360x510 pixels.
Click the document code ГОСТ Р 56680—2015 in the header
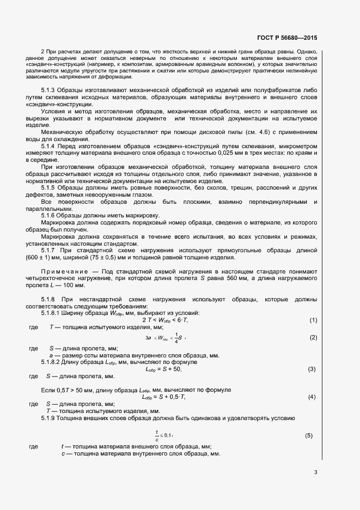(x=286, y=38)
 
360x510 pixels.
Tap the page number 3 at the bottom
(x=315, y=472)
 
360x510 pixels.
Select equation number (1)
(x=313, y=320)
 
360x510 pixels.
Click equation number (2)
(x=313, y=338)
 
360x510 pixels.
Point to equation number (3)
(x=312, y=369)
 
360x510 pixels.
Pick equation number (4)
(x=312, y=397)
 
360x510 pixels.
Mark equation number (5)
(x=309, y=435)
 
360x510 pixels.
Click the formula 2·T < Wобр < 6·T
(x=165, y=320)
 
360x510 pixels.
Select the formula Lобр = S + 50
(x=163, y=369)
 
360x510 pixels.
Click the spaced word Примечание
(x=63, y=271)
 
